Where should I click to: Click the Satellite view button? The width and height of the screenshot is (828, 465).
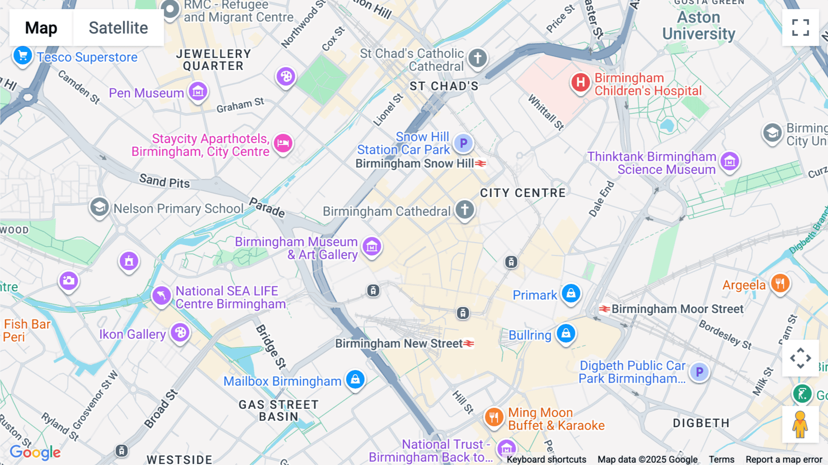[118, 28]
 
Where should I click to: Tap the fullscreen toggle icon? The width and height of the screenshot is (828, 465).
[800, 28]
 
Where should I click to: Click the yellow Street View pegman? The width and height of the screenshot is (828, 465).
[800, 424]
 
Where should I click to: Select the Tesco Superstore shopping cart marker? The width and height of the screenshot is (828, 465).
[23, 56]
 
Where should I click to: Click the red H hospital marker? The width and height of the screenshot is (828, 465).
[581, 83]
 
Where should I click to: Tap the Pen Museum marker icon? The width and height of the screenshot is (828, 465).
[198, 92]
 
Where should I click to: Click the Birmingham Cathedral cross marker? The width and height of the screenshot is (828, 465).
[465, 209]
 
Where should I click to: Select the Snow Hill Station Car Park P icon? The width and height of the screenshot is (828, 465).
[463, 143]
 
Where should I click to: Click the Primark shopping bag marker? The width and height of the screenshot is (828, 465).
[571, 293]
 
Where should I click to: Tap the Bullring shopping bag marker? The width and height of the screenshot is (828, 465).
[566, 333]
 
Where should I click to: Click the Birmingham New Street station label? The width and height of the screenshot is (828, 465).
[399, 343]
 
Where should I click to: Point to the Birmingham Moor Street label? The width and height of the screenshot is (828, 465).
[677, 309]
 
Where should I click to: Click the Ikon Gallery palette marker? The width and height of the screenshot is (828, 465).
[180, 332]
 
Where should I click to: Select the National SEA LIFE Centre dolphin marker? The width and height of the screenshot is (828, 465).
[161, 295]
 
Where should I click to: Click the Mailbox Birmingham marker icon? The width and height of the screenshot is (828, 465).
[355, 379]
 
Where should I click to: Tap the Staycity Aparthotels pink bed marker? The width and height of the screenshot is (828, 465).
[283, 143]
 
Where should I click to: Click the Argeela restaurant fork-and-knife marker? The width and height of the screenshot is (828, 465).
[780, 283]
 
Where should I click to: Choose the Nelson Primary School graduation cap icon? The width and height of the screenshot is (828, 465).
[99, 207]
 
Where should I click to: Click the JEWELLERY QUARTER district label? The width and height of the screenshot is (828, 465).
[213, 60]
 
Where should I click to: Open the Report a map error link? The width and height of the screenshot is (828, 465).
[784, 459]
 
